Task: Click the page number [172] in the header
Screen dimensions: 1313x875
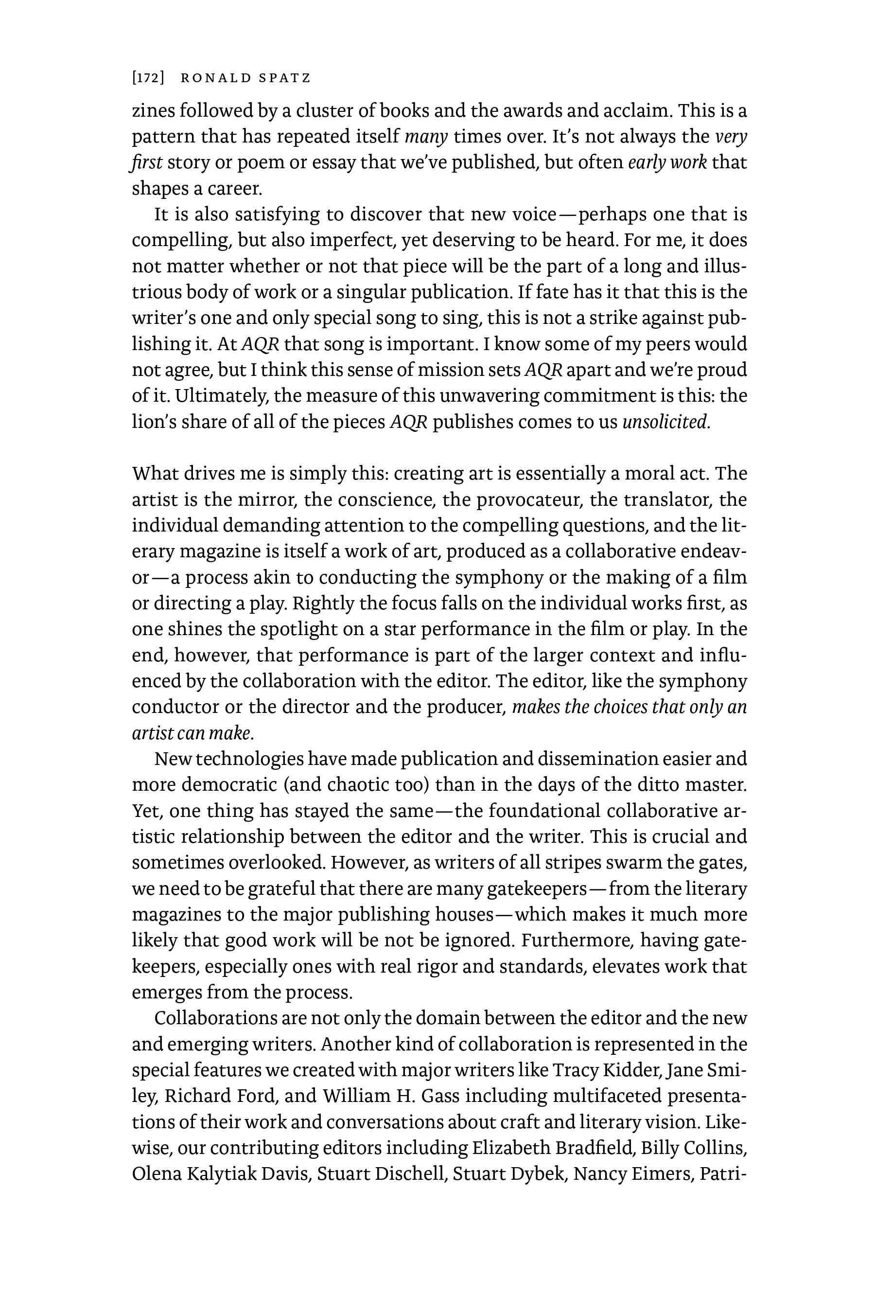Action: (148, 78)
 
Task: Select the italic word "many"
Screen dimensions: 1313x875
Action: (426, 137)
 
